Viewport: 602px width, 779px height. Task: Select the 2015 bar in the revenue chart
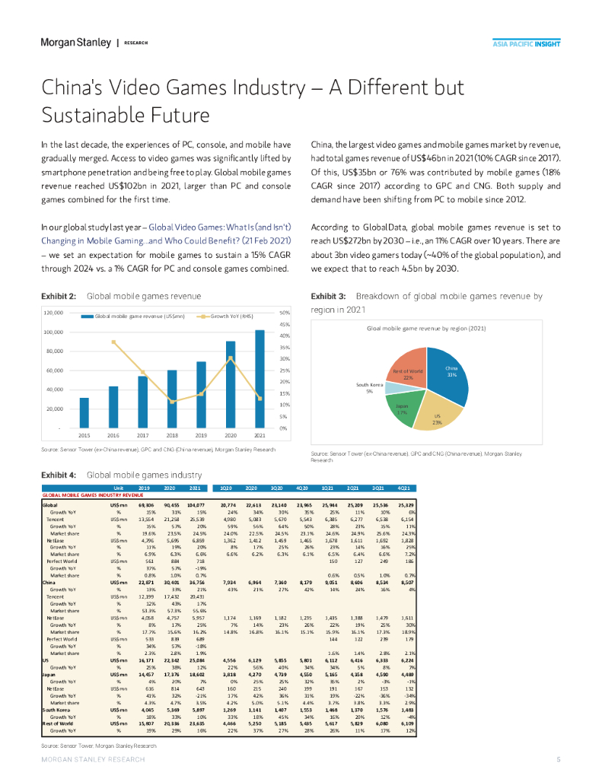coord(84,412)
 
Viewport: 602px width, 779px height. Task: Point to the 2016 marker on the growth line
coord(113,342)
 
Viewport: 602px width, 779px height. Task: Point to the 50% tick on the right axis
coord(285,313)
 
